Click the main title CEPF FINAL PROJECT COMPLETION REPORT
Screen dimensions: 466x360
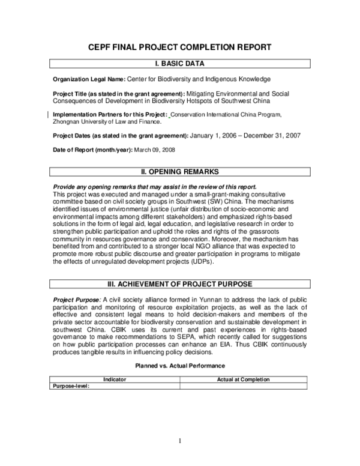click(x=180, y=47)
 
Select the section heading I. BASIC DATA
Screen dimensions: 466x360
click(x=180, y=63)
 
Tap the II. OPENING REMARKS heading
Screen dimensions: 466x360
click(x=180, y=172)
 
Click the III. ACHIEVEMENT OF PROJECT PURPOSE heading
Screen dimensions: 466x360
click(x=180, y=283)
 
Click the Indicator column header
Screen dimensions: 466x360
click(x=115, y=380)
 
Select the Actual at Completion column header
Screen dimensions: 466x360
click(x=243, y=380)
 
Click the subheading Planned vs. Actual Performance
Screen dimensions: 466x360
click(x=180, y=365)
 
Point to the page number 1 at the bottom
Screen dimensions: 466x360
click(x=179, y=441)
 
